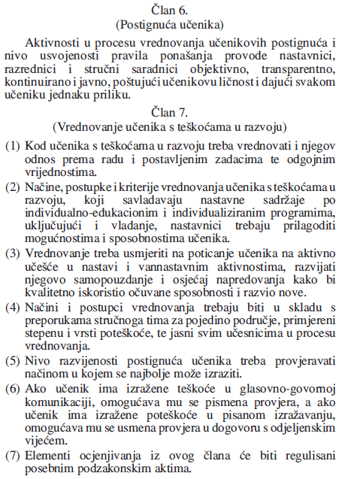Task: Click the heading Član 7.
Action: (x=180, y=113)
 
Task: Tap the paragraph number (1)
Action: (x=13, y=143)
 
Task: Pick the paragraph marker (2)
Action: (x=13, y=185)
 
